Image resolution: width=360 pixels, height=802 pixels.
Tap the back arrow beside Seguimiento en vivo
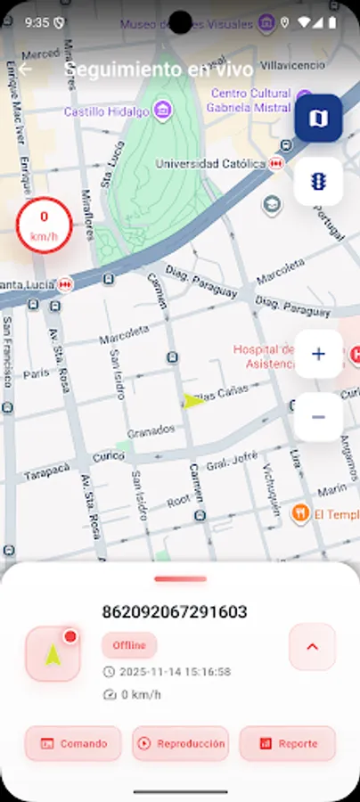click(x=25, y=70)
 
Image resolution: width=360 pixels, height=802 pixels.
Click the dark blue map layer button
click(x=318, y=118)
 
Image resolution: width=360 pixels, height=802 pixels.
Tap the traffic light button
click(x=318, y=181)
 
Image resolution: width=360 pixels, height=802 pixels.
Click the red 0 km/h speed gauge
click(x=44, y=225)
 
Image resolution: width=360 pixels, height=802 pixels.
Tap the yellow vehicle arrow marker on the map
click(x=193, y=400)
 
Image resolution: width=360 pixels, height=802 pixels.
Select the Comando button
click(x=73, y=743)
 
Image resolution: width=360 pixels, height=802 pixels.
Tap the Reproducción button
click(x=180, y=743)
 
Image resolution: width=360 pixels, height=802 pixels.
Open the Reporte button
click(x=287, y=743)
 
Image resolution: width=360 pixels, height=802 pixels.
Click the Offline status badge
click(x=129, y=645)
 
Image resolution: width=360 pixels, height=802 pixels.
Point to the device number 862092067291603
click(x=175, y=612)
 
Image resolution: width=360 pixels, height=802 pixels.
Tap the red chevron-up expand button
click(x=312, y=647)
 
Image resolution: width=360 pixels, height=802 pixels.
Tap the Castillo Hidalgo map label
click(x=108, y=111)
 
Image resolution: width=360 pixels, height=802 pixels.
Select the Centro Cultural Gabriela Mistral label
click(x=250, y=101)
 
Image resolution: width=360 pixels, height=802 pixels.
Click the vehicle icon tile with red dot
click(x=53, y=654)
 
